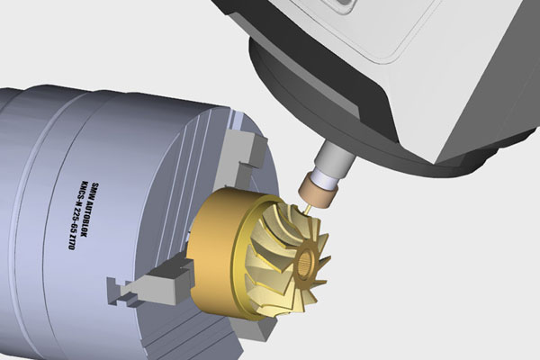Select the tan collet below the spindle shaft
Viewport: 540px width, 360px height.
[x=317, y=188]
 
